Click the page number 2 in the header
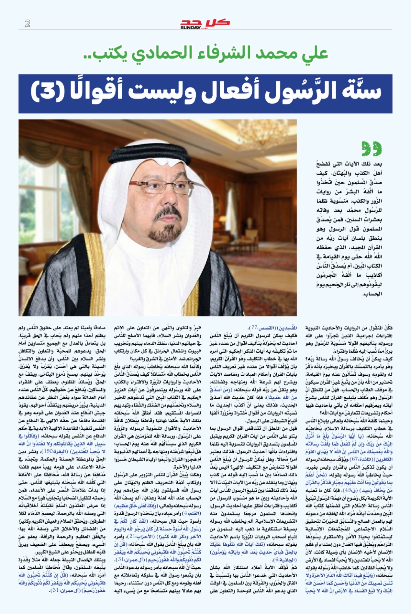[27, 23]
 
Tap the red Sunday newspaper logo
[205, 23]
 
